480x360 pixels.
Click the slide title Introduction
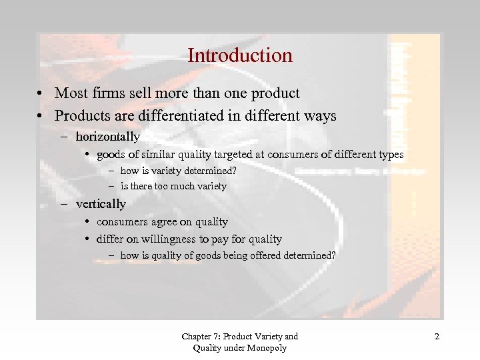point(240,55)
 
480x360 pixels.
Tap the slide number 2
point(437,337)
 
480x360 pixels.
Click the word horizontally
point(107,137)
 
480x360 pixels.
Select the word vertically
point(101,204)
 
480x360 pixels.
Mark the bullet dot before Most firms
point(41,94)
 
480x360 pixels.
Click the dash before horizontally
point(68,137)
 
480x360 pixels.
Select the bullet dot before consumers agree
point(88,221)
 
